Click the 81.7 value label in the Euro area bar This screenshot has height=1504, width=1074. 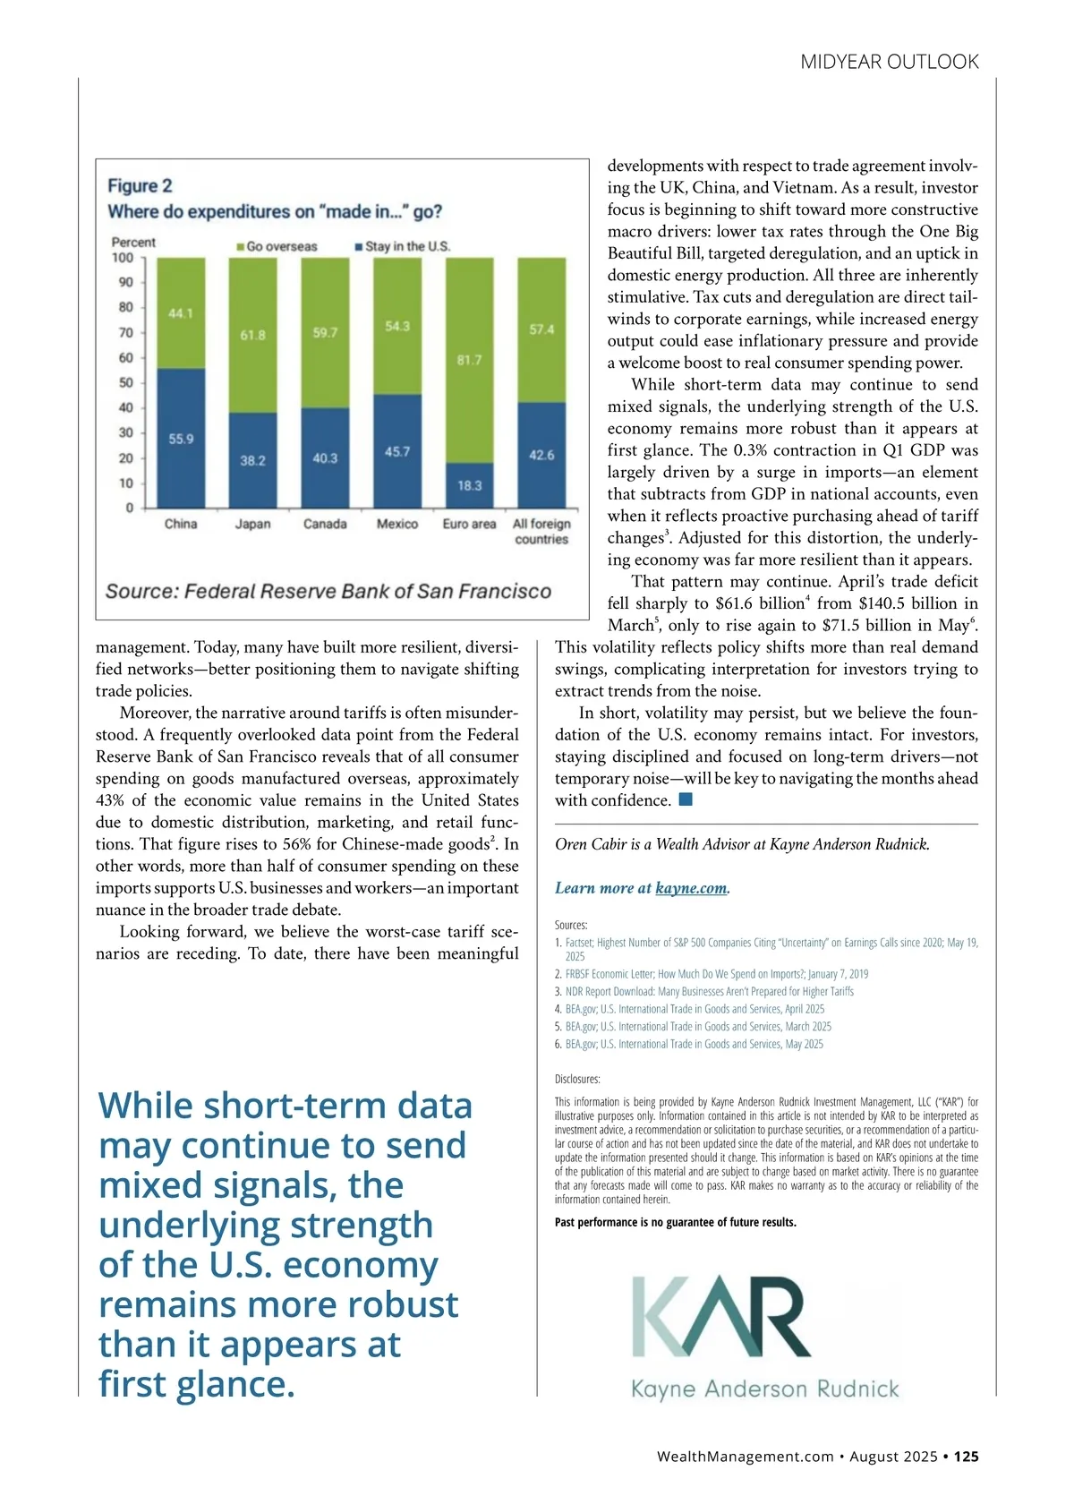(x=469, y=360)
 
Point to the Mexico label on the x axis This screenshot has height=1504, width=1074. (x=397, y=524)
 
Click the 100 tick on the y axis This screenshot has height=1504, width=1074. (x=123, y=258)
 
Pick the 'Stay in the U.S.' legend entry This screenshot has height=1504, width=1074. (x=403, y=246)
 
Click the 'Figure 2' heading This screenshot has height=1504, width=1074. (x=140, y=185)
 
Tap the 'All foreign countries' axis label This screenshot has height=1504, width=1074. (x=541, y=531)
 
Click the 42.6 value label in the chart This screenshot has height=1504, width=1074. (x=541, y=455)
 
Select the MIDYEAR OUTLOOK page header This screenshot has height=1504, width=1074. (x=890, y=62)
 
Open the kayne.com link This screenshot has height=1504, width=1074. (x=691, y=888)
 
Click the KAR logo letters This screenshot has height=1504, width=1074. (x=721, y=1316)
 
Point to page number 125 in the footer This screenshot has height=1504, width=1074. (x=966, y=1457)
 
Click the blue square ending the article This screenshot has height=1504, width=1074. (x=686, y=799)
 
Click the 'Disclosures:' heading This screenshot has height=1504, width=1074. (x=577, y=1079)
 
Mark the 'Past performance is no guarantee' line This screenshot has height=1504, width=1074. (x=675, y=1222)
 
